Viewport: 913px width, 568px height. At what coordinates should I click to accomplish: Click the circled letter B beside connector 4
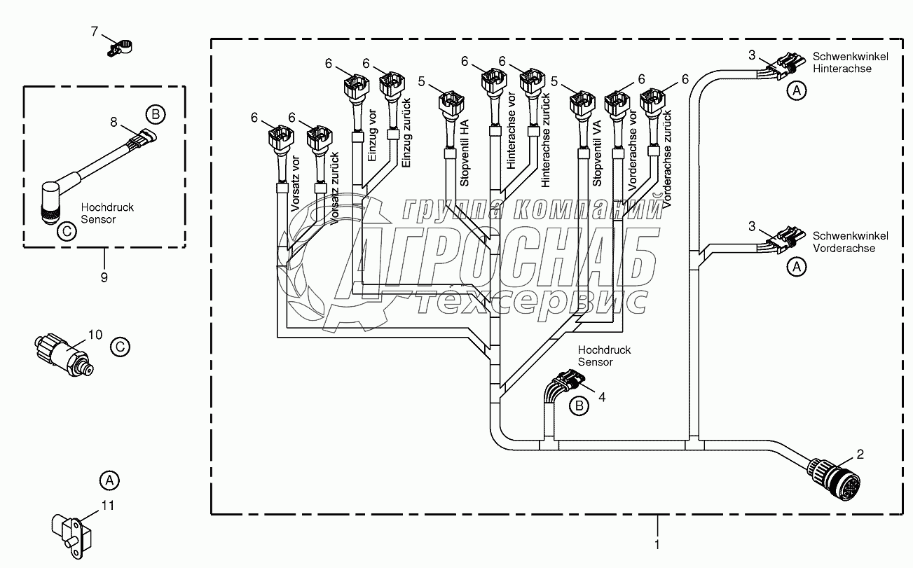point(579,405)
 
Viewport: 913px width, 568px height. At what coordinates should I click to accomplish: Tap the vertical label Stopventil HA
point(464,152)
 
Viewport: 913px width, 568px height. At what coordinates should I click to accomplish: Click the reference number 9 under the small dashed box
point(104,277)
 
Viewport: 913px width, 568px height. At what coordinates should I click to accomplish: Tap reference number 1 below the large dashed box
point(657,543)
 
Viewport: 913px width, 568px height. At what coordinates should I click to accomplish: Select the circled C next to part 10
point(120,345)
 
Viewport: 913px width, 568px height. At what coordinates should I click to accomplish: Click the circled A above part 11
point(107,480)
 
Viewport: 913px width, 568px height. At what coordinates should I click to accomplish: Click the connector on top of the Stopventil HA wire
point(448,105)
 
